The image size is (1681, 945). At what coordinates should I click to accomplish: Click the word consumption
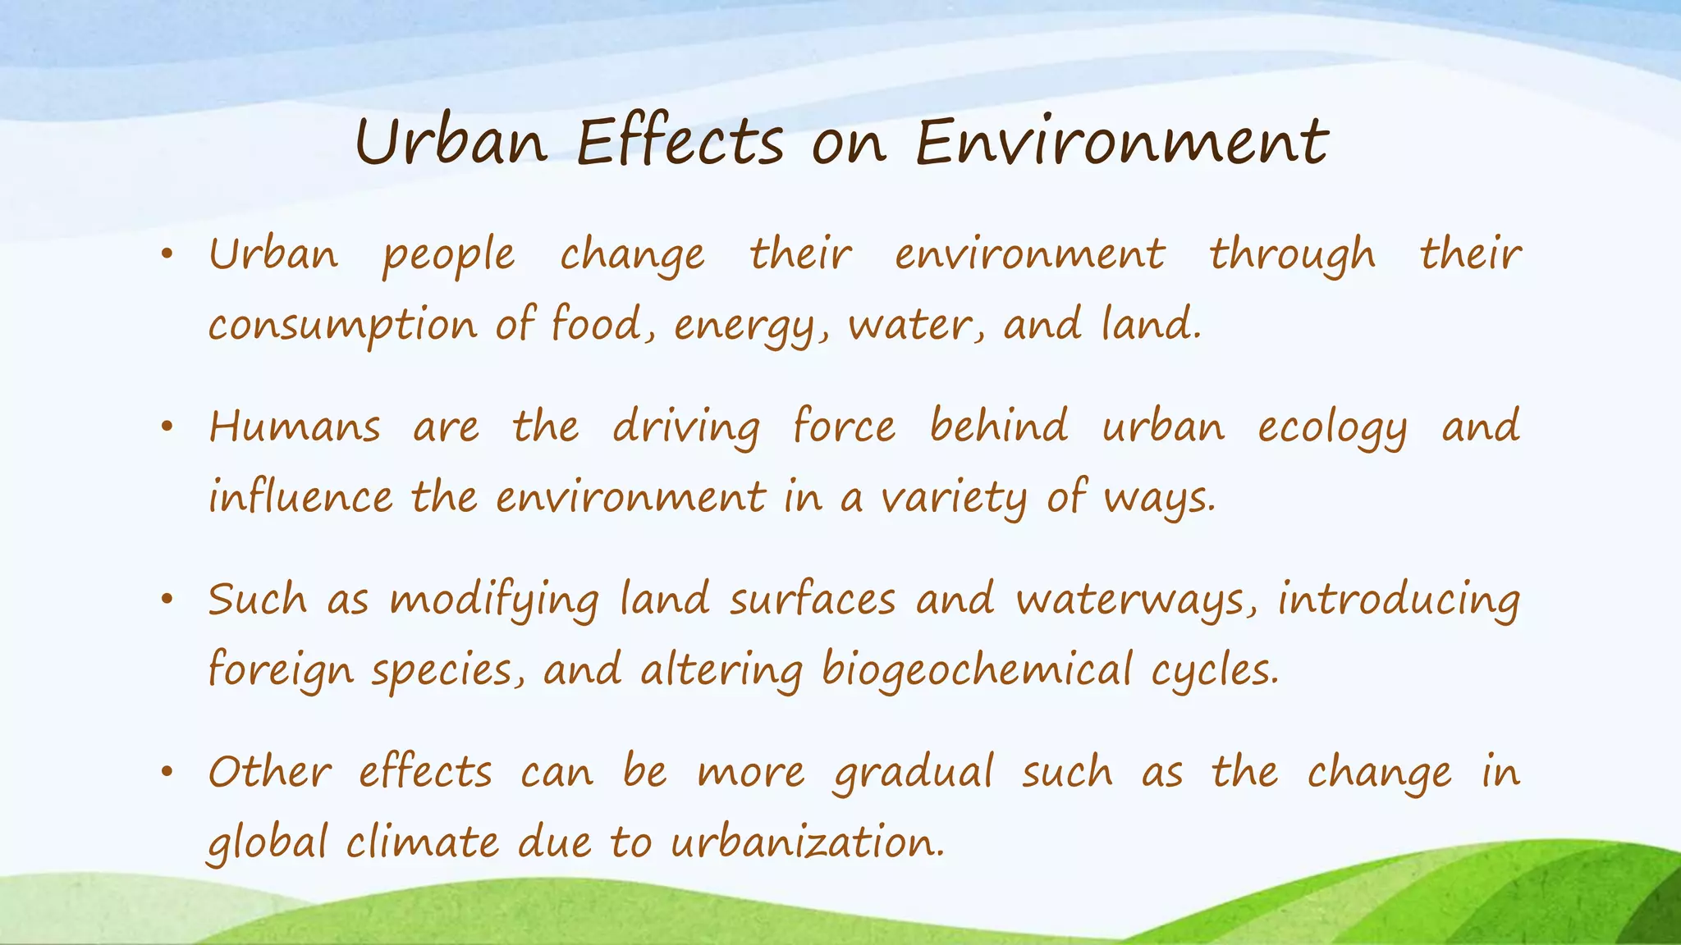click(x=342, y=326)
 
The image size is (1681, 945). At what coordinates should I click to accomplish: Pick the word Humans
click(x=295, y=427)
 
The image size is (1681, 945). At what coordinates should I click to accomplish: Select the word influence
click(x=300, y=497)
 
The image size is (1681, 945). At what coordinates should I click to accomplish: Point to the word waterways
click(x=1135, y=600)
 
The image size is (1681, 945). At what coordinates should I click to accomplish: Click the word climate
click(x=422, y=842)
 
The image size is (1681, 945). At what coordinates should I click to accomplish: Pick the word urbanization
click(x=807, y=842)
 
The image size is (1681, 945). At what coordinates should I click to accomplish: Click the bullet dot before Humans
click(x=167, y=427)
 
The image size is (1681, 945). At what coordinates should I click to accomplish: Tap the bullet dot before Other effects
click(x=167, y=773)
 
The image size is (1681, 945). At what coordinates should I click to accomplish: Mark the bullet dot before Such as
click(x=167, y=600)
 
